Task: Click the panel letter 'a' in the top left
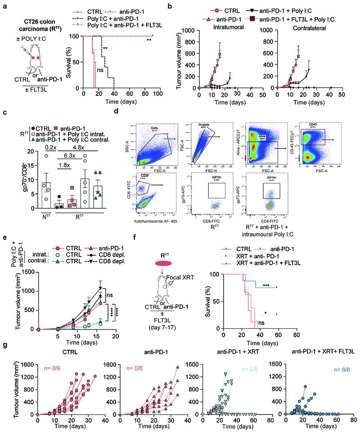pos(4,5)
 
